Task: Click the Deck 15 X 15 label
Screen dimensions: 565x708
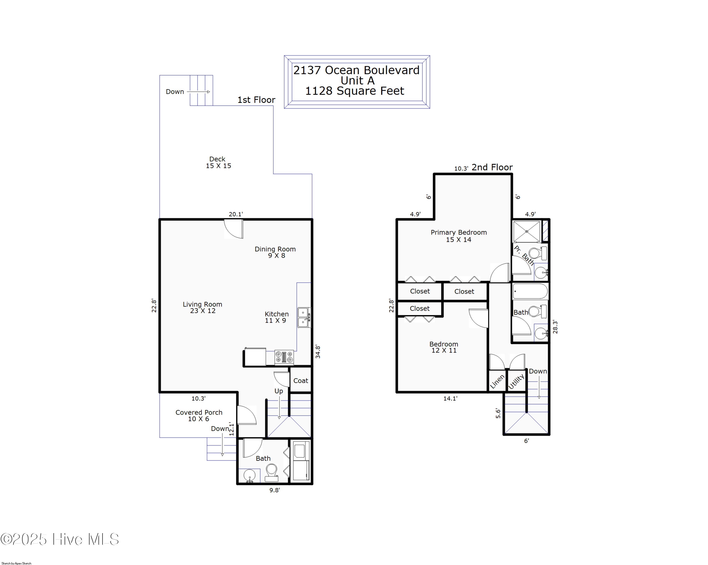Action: coord(218,162)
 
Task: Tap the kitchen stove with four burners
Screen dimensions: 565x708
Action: coord(284,357)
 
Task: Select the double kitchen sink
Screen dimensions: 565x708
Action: coord(304,317)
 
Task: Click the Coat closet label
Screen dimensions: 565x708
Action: coord(300,380)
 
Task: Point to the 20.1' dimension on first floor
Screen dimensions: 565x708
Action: coord(236,214)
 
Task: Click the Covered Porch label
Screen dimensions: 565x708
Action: coord(199,415)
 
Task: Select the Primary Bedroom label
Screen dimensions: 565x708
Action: coord(458,236)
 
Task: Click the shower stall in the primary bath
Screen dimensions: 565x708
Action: coord(527,232)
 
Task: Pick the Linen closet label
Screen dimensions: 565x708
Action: coord(497,381)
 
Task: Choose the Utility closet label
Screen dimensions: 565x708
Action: coord(516,381)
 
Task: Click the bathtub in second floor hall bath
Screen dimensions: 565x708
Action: coord(530,291)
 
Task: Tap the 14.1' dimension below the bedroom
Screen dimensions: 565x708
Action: coord(450,399)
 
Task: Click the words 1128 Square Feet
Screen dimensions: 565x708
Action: coord(355,91)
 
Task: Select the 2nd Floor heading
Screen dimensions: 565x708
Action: coord(492,167)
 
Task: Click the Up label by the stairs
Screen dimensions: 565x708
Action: coord(278,391)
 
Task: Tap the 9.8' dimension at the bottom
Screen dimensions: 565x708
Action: coord(274,490)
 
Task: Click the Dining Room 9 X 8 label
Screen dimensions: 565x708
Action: coord(275,252)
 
